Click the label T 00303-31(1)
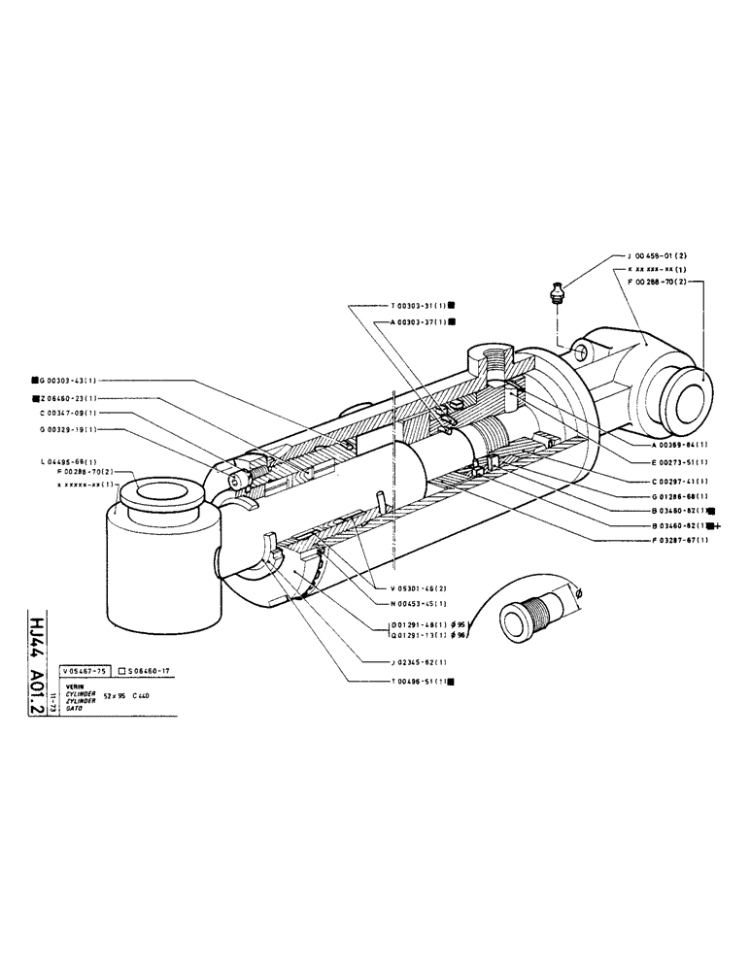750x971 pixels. coord(423,304)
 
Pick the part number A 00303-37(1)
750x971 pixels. coord(423,320)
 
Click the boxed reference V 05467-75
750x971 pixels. coord(84,670)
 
